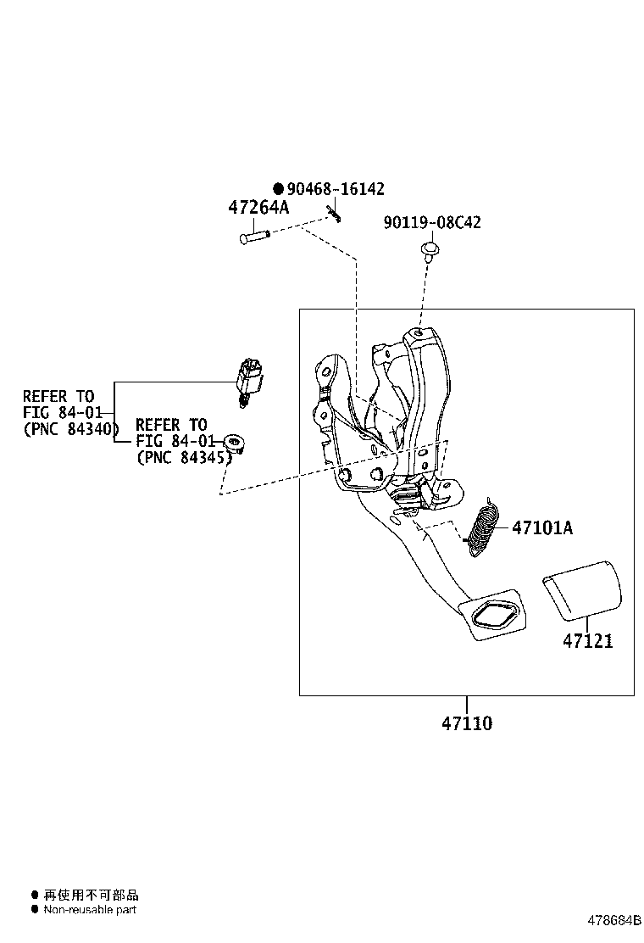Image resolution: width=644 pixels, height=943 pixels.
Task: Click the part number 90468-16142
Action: (330, 189)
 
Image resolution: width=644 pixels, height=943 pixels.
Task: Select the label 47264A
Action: (258, 208)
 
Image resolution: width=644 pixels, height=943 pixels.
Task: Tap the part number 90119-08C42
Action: (432, 223)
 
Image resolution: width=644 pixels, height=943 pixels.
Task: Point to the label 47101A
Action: (541, 528)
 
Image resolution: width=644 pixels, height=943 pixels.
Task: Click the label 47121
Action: (587, 641)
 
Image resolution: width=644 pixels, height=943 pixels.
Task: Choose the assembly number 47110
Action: (466, 723)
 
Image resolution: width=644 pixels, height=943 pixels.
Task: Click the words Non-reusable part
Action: (90, 910)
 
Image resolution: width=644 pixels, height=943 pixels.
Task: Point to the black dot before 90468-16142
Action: (278, 189)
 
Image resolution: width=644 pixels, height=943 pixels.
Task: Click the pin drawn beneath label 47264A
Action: (253, 237)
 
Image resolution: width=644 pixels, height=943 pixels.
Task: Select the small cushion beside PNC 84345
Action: (234, 442)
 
